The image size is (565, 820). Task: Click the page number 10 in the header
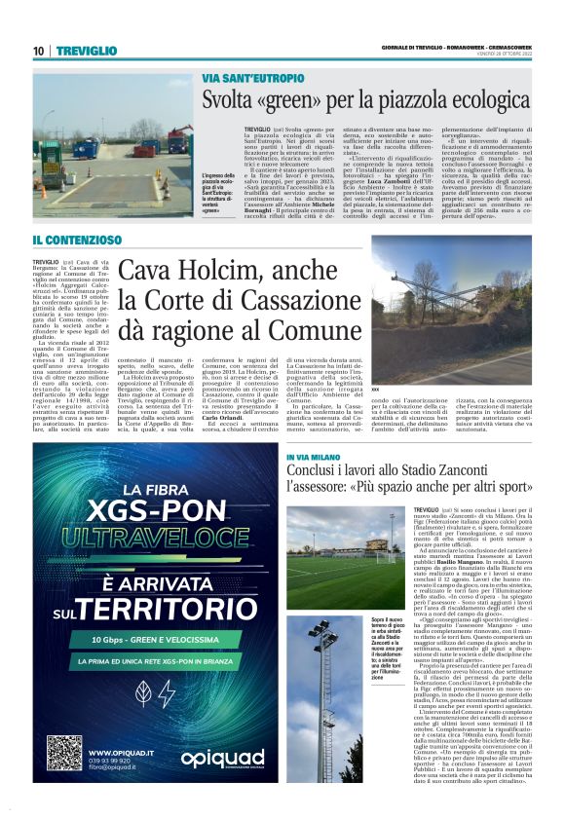click(38, 51)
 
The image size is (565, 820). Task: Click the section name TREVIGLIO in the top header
click(87, 51)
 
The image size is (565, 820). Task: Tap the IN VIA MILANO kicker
click(314, 456)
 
